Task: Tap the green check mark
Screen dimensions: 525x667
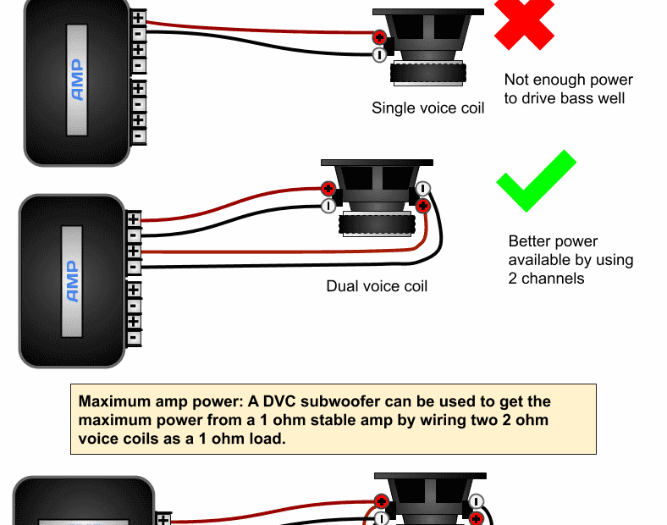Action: (536, 180)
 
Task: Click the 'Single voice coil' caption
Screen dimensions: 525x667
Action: (428, 108)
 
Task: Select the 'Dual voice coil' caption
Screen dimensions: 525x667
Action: (377, 286)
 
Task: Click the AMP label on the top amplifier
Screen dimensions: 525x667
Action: (77, 80)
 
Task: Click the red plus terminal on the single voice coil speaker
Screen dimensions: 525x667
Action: (379, 37)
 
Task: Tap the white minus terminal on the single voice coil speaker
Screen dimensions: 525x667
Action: (379, 55)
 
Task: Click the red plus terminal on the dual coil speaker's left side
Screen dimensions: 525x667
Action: (328, 189)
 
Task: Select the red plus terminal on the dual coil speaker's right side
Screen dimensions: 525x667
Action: (423, 205)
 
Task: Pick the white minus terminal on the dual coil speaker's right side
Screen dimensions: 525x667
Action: (423, 189)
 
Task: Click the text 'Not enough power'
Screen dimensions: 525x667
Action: (568, 80)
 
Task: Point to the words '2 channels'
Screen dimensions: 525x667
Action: (547, 278)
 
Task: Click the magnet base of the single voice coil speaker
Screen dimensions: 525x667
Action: (427, 73)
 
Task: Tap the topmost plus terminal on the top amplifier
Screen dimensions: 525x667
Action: (138, 16)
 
